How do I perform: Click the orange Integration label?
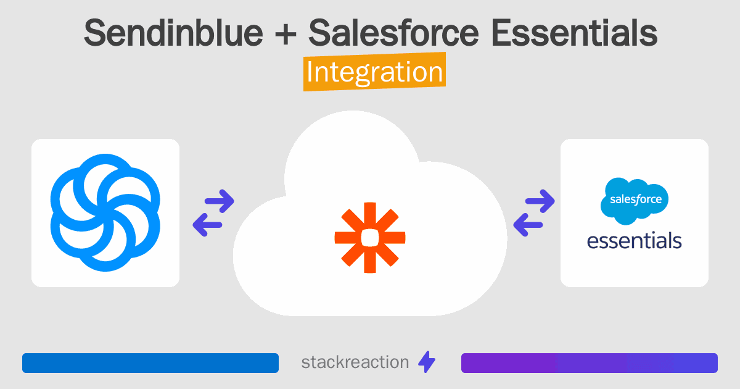click(x=374, y=72)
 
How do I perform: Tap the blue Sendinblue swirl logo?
click(x=105, y=212)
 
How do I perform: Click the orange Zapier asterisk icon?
click(x=370, y=237)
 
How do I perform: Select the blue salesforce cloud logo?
click(x=635, y=201)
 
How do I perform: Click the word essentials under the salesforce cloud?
click(x=635, y=240)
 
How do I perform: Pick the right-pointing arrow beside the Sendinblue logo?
click(x=219, y=200)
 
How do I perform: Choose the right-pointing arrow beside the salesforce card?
click(x=540, y=200)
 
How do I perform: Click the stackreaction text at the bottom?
click(x=355, y=362)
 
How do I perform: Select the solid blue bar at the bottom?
click(x=150, y=363)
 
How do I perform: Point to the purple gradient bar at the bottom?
click(x=589, y=363)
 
